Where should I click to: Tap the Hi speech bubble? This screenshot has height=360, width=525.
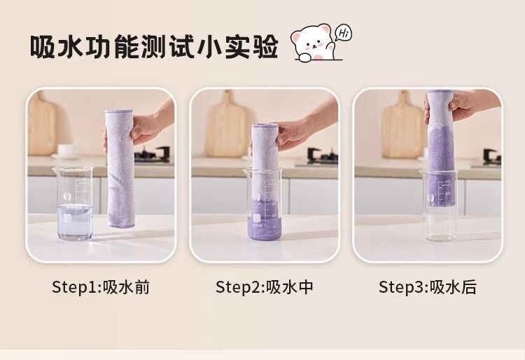tap(343, 33)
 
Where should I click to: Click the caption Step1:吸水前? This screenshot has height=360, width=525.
tap(101, 287)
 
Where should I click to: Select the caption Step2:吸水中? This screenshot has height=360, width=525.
tap(265, 287)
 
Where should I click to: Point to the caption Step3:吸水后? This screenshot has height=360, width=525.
tap(428, 287)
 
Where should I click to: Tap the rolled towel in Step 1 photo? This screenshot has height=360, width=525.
tap(120, 169)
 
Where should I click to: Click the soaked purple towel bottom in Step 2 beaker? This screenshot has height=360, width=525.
tap(265, 229)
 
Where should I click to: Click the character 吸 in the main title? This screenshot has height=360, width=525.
tap(42, 47)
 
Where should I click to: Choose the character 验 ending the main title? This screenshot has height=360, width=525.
tap(266, 47)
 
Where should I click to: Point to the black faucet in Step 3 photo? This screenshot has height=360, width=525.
tap(491, 155)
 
